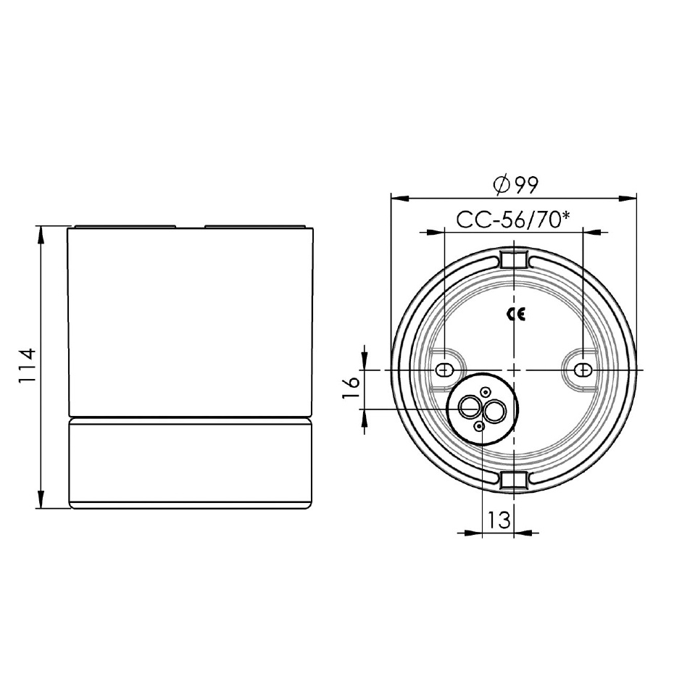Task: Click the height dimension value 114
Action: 27,367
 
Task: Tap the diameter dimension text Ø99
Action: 515,185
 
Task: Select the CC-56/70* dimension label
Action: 512,220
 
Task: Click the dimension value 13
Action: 499,520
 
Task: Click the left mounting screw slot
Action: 444,370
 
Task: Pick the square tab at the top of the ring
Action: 513,259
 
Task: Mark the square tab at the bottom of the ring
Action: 513,480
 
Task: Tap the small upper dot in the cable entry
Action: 486,391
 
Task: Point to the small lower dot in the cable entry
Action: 479,427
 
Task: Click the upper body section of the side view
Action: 190,323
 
